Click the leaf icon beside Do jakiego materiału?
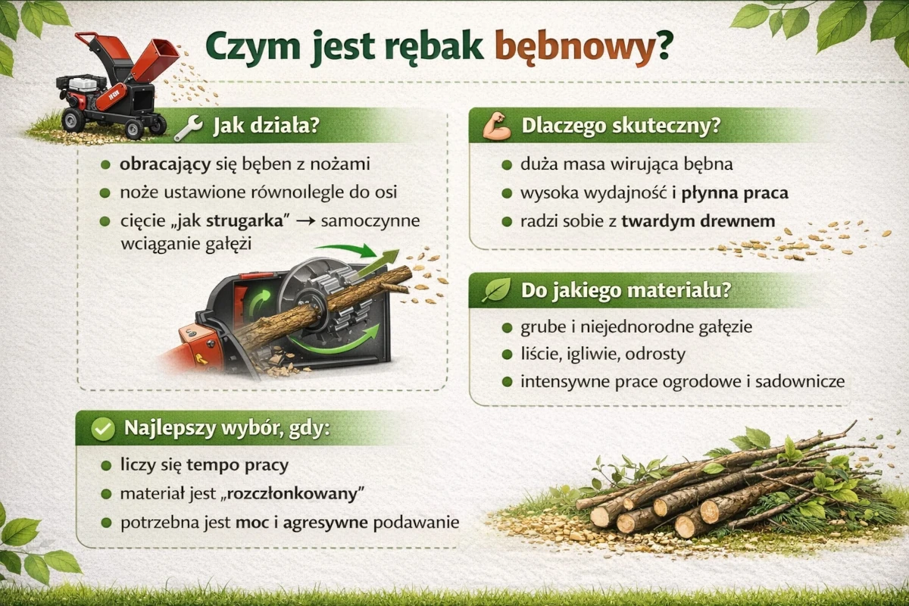point(497,290)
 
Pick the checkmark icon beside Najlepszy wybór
point(102,430)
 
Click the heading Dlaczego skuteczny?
point(620,127)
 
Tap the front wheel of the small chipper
point(73,119)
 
